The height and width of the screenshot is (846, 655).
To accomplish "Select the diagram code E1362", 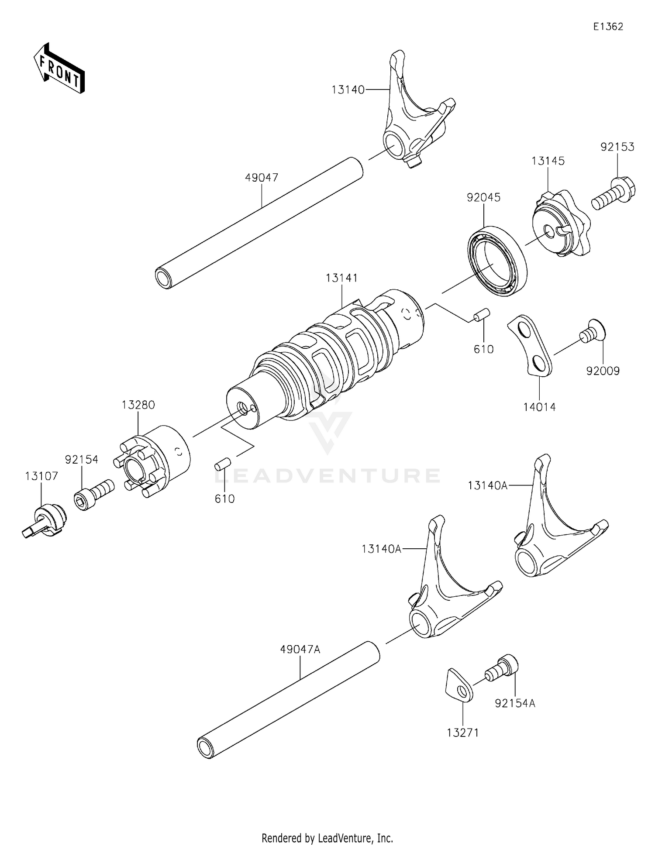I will (608, 27).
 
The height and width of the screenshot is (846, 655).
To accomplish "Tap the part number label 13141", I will (341, 278).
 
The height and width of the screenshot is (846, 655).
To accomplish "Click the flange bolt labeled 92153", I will (614, 194).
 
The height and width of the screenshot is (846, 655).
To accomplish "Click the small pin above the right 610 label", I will (482, 315).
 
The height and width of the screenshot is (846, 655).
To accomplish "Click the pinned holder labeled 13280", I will (153, 461).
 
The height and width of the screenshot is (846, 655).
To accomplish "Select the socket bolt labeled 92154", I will (93, 494).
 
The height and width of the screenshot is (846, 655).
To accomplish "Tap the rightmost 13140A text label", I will (487, 485).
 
